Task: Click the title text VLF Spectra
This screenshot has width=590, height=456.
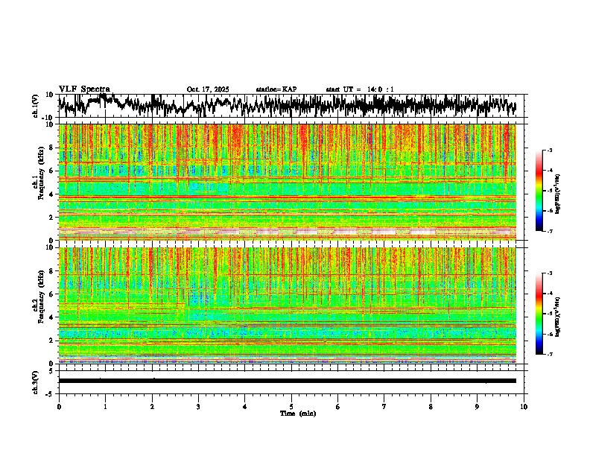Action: pyautogui.click(x=84, y=89)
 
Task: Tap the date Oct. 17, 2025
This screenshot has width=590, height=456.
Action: pyautogui.click(x=208, y=89)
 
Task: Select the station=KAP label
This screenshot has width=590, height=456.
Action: pyautogui.click(x=276, y=89)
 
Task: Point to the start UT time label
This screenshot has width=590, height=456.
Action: pyautogui.click(x=360, y=89)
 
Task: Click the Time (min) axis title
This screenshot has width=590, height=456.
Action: pyautogui.click(x=297, y=413)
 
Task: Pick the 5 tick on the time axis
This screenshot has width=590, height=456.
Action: pyautogui.click(x=291, y=407)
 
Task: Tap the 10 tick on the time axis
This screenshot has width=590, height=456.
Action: pyautogui.click(x=524, y=407)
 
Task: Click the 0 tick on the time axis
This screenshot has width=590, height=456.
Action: pyautogui.click(x=59, y=407)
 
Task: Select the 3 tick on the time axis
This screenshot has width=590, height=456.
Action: pyautogui.click(x=198, y=407)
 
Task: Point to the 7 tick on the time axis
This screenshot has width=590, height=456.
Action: pyautogui.click(x=384, y=407)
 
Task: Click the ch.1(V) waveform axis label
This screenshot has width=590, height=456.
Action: pyautogui.click(x=36, y=107)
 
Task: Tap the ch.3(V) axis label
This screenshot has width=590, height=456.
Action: pyautogui.click(x=36, y=381)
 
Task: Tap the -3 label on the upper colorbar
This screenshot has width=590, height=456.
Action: pyautogui.click(x=549, y=151)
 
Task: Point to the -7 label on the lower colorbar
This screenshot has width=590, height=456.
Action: pyautogui.click(x=549, y=355)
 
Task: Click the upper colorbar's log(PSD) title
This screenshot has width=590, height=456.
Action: pyautogui.click(x=568, y=191)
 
